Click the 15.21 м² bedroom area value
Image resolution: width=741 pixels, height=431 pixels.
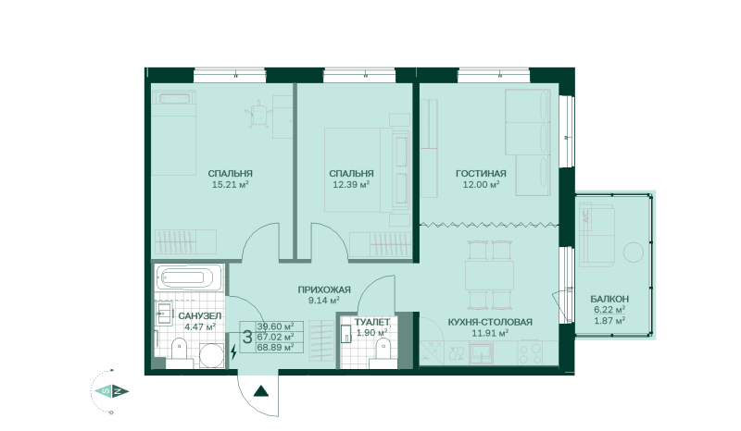(230, 185)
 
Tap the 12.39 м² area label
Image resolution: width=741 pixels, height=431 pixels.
(351, 185)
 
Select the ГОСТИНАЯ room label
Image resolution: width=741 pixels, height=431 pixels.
(481, 174)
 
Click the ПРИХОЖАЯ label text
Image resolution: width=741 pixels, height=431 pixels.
(324, 289)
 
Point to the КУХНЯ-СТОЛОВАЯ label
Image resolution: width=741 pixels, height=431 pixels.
(490, 322)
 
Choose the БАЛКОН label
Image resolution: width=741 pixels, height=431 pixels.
(609, 299)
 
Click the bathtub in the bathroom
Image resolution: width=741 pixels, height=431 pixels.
(188, 277)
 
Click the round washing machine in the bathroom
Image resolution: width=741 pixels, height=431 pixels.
(211, 355)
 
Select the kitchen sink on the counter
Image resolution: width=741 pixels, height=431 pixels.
(481, 353)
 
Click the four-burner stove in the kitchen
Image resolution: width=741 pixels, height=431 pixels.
(530, 353)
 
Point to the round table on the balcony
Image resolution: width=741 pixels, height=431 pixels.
(634, 252)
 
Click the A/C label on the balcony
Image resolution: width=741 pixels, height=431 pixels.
(586, 216)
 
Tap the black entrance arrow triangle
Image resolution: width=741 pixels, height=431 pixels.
(261, 391)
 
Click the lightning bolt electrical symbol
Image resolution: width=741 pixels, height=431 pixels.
(233, 351)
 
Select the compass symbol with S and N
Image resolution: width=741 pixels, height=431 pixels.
(111, 391)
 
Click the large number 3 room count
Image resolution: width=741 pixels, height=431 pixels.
(247, 337)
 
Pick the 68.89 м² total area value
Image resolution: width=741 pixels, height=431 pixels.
(275, 348)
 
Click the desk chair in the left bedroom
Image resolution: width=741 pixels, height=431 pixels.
(258, 113)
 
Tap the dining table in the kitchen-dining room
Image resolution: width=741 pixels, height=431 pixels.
(489, 276)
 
